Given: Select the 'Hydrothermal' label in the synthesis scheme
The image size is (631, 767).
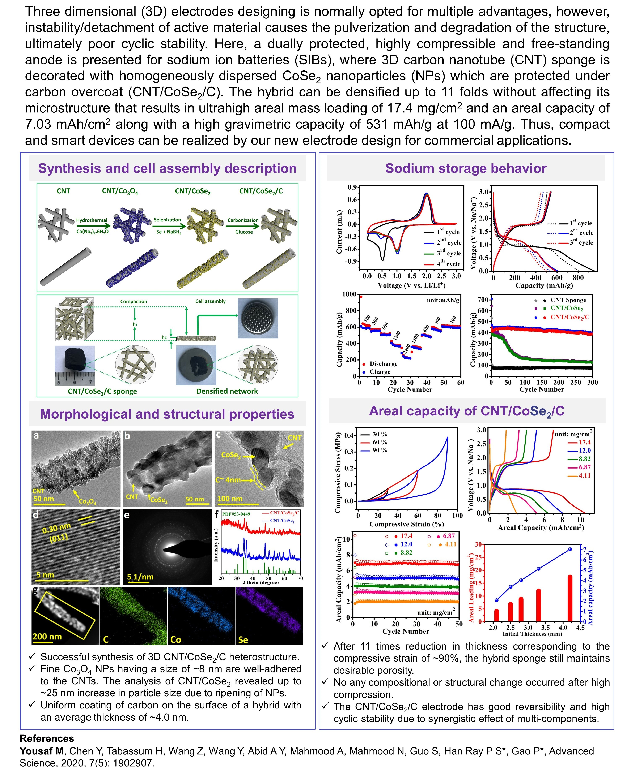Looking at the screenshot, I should point(92,220).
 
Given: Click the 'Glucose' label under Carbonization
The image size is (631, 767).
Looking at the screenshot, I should point(243,232).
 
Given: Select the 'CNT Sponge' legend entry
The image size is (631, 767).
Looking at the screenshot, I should point(568,300).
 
